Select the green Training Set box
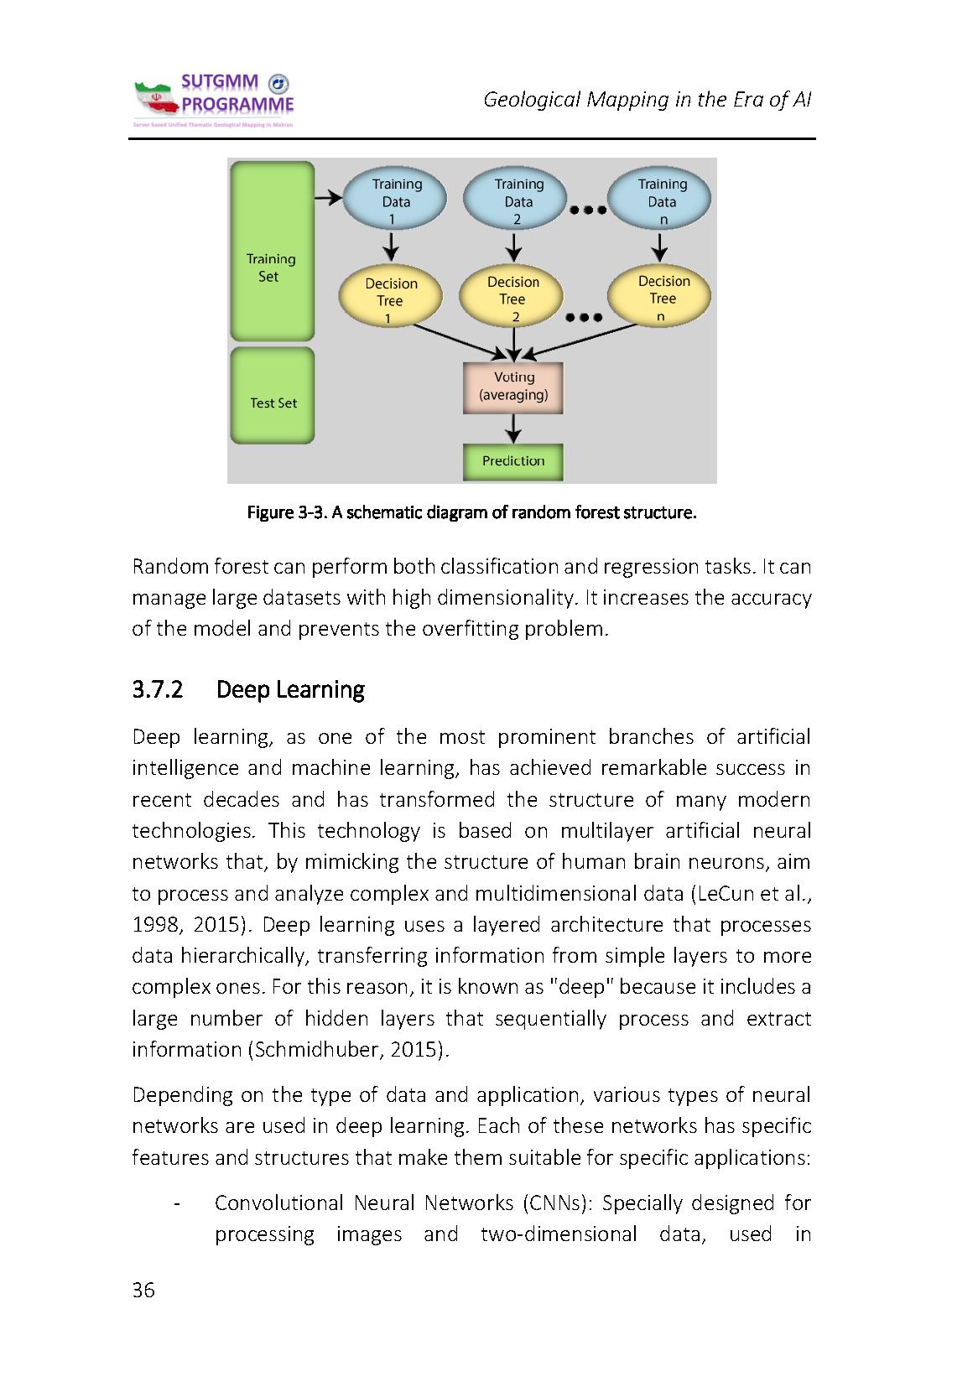(272, 252)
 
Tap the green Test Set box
(273, 397)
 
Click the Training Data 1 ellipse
(396, 201)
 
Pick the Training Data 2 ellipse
(518, 201)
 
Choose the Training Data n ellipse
(661, 201)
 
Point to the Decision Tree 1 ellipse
(390, 299)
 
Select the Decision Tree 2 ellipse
(512, 298)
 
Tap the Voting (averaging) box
(513, 387)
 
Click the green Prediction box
(513, 461)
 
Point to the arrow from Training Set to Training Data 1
(330, 199)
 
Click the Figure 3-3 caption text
(471, 512)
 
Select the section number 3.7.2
(157, 690)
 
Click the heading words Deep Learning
(290, 690)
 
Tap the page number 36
(143, 1290)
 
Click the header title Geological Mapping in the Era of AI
(647, 100)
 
